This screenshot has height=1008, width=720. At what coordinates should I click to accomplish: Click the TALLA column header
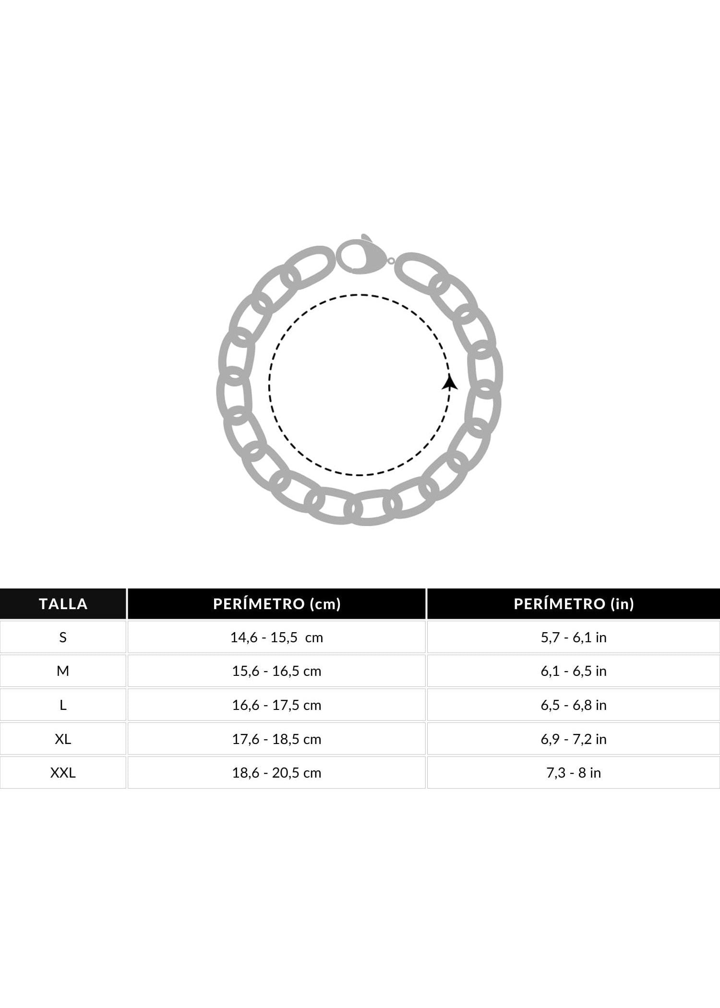click(63, 603)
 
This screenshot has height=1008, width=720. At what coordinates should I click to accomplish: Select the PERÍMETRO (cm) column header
click(277, 603)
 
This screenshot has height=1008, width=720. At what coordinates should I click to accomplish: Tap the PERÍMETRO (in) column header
click(574, 603)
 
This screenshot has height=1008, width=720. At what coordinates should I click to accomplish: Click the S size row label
click(63, 637)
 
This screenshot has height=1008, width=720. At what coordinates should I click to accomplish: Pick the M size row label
click(63, 671)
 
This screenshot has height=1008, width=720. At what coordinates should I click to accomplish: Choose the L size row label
click(63, 705)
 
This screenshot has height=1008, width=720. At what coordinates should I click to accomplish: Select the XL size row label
click(63, 739)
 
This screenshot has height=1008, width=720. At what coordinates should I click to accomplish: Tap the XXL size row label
click(63, 773)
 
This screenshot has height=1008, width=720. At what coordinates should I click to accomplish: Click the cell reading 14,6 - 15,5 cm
click(277, 637)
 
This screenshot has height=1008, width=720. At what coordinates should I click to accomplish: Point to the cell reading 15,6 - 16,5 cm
click(277, 671)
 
